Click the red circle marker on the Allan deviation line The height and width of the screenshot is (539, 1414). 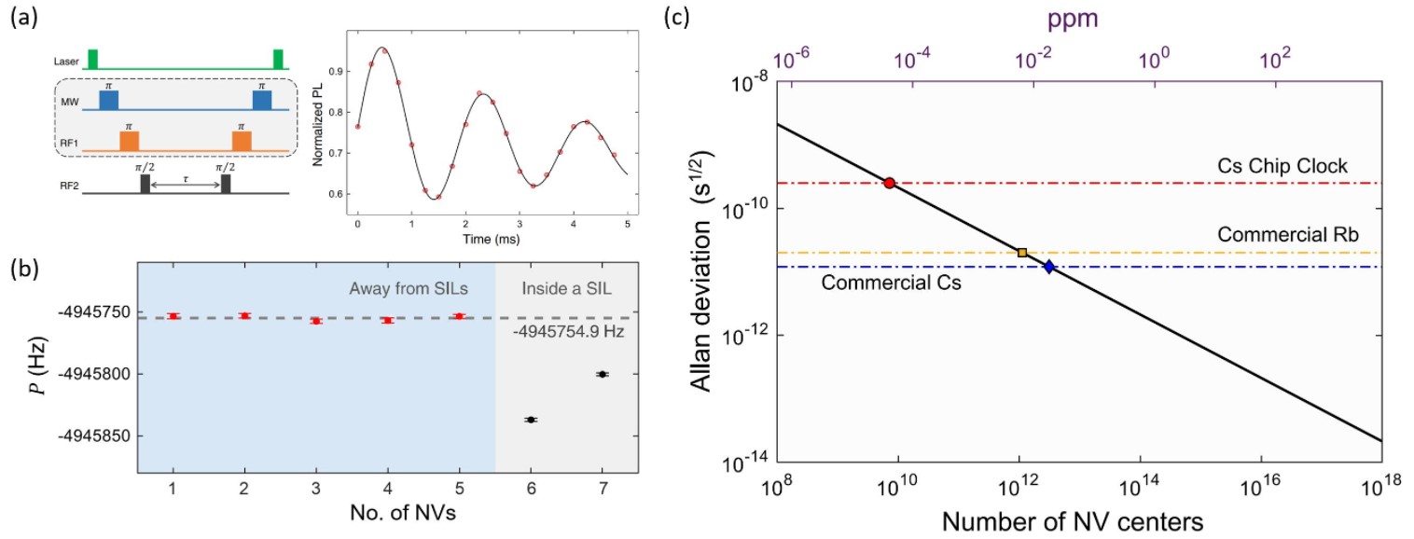(x=889, y=183)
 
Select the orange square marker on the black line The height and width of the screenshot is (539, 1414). (x=1022, y=253)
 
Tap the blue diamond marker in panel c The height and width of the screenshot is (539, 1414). (x=1049, y=267)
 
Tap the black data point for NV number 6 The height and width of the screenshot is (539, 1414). (x=531, y=420)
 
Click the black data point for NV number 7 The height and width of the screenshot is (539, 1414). (x=602, y=374)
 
